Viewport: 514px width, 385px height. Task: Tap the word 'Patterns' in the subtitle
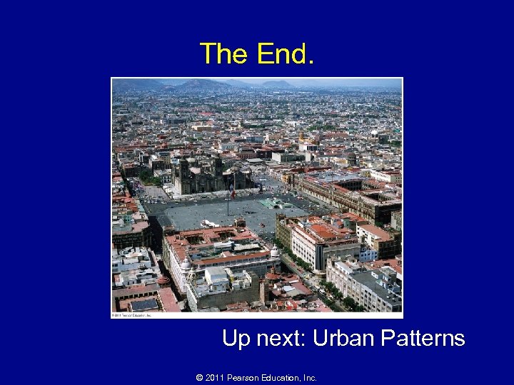425,337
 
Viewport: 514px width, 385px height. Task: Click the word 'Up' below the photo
236,337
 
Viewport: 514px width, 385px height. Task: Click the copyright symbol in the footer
199,378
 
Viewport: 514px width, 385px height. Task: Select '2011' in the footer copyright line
215,378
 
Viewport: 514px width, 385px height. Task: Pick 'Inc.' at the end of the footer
309,378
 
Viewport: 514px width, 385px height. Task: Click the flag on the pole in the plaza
231,193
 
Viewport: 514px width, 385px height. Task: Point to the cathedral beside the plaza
203,175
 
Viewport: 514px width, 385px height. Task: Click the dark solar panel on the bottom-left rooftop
143,304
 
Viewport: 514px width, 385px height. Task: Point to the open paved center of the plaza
221,214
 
